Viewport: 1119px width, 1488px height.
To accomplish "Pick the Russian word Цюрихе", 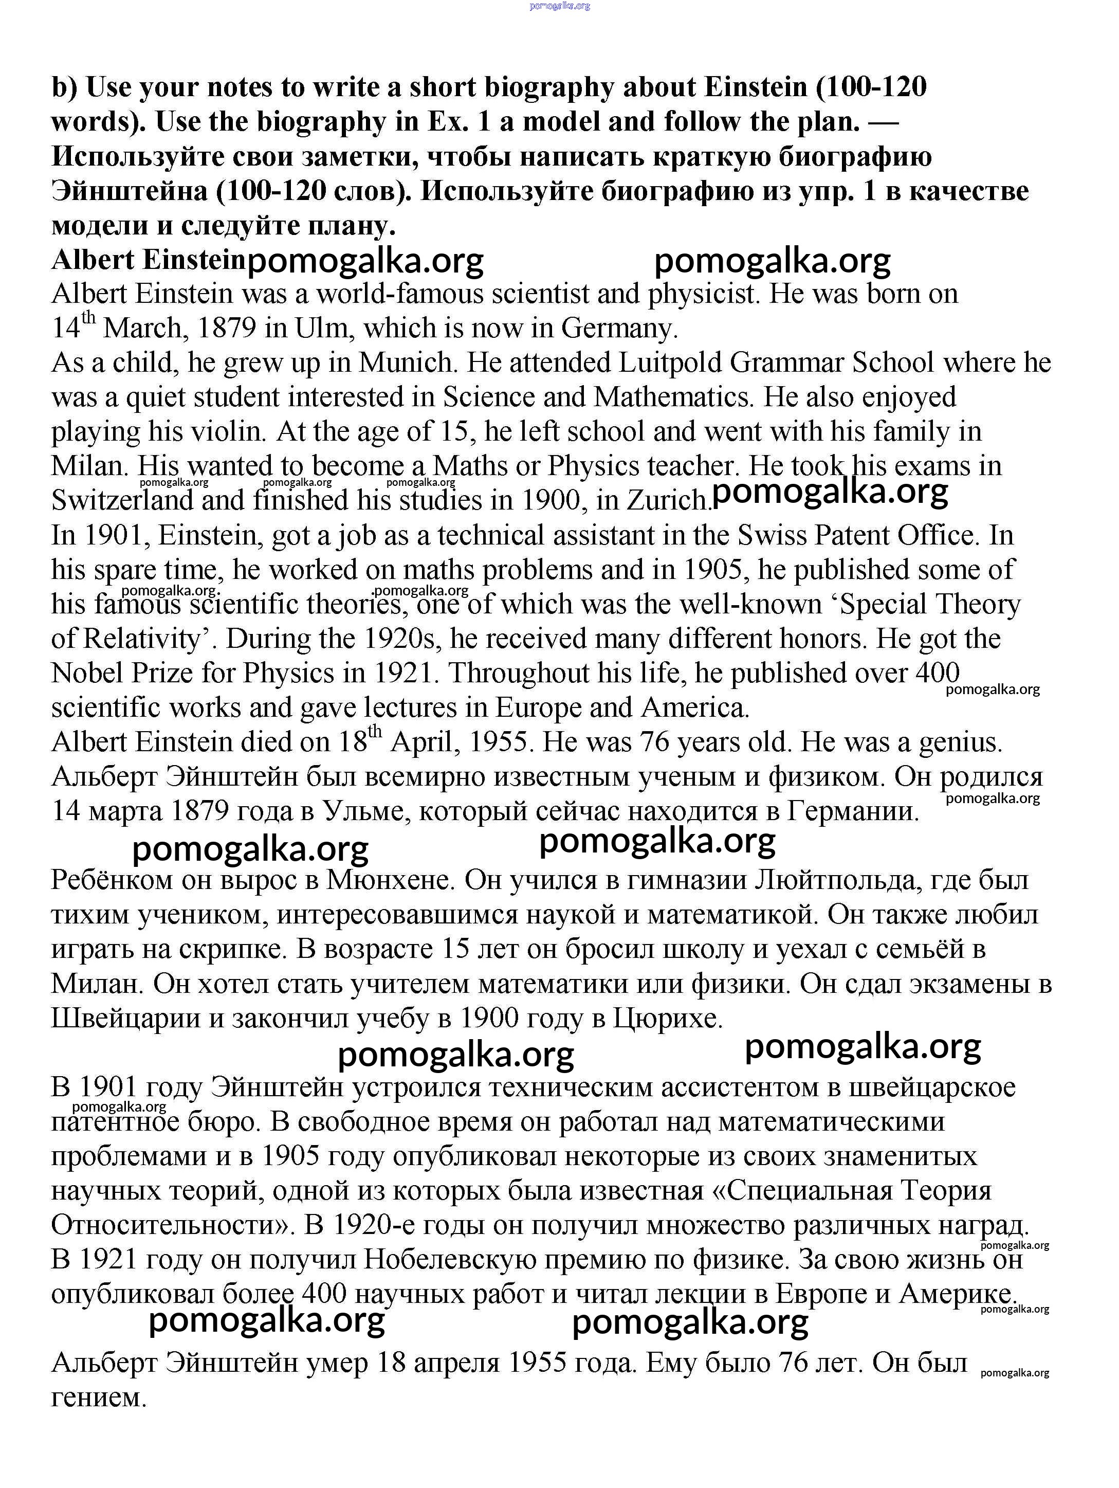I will point(668,1019).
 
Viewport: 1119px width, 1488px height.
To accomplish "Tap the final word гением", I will point(99,1398).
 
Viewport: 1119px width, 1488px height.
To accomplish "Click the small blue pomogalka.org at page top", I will point(559,6).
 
